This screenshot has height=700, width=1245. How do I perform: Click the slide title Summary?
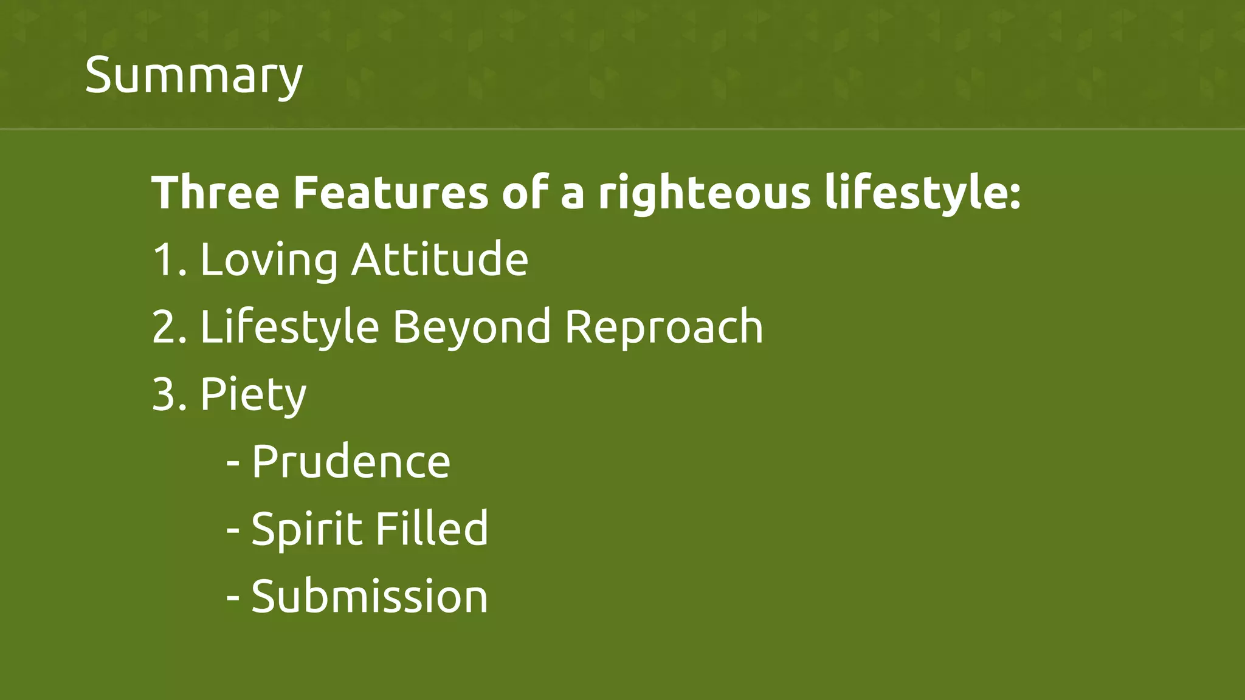193,75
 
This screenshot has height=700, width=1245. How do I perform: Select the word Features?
390,193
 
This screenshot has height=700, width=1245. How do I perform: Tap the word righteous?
704,193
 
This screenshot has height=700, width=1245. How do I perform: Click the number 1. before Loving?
170,260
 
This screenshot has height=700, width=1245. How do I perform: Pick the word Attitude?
440,260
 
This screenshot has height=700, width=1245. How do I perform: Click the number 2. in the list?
170,327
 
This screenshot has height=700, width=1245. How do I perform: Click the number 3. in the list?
170,394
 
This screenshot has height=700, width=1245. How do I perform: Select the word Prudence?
351,462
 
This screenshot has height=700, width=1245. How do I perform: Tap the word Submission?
369,596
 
